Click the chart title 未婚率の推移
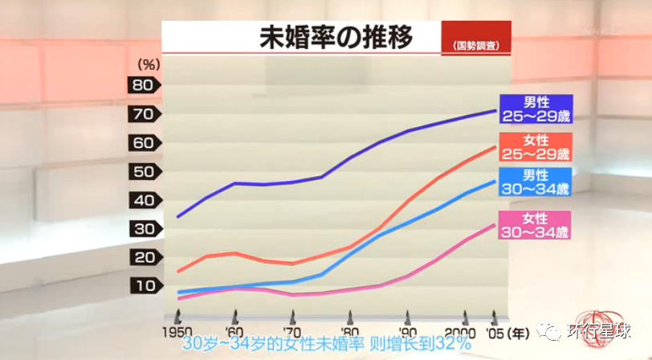[x=336, y=36]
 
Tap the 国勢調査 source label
[x=475, y=46]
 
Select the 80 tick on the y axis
[x=144, y=85]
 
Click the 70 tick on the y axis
[x=144, y=114]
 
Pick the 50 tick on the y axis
[x=144, y=172]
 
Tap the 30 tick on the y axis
[x=144, y=229]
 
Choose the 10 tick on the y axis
[x=144, y=286]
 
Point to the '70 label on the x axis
[x=291, y=331]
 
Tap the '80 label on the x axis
[x=349, y=331]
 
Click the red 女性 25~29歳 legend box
[x=536, y=147]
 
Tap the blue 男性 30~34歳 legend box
[x=536, y=182]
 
